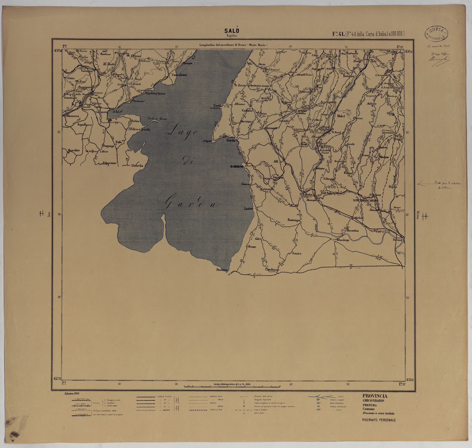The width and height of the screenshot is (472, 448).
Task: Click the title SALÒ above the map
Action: click(231, 31)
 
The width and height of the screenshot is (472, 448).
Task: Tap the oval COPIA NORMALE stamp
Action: click(436, 34)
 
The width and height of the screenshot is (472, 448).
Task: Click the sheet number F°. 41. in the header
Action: click(338, 34)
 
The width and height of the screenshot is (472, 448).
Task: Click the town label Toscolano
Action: click(179, 75)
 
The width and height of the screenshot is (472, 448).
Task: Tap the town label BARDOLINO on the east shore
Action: click(237, 166)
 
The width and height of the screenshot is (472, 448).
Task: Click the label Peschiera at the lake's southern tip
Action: click(222, 270)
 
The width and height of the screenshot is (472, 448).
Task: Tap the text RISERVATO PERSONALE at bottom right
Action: click(379, 420)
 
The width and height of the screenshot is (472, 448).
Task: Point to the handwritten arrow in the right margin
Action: click(426, 183)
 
